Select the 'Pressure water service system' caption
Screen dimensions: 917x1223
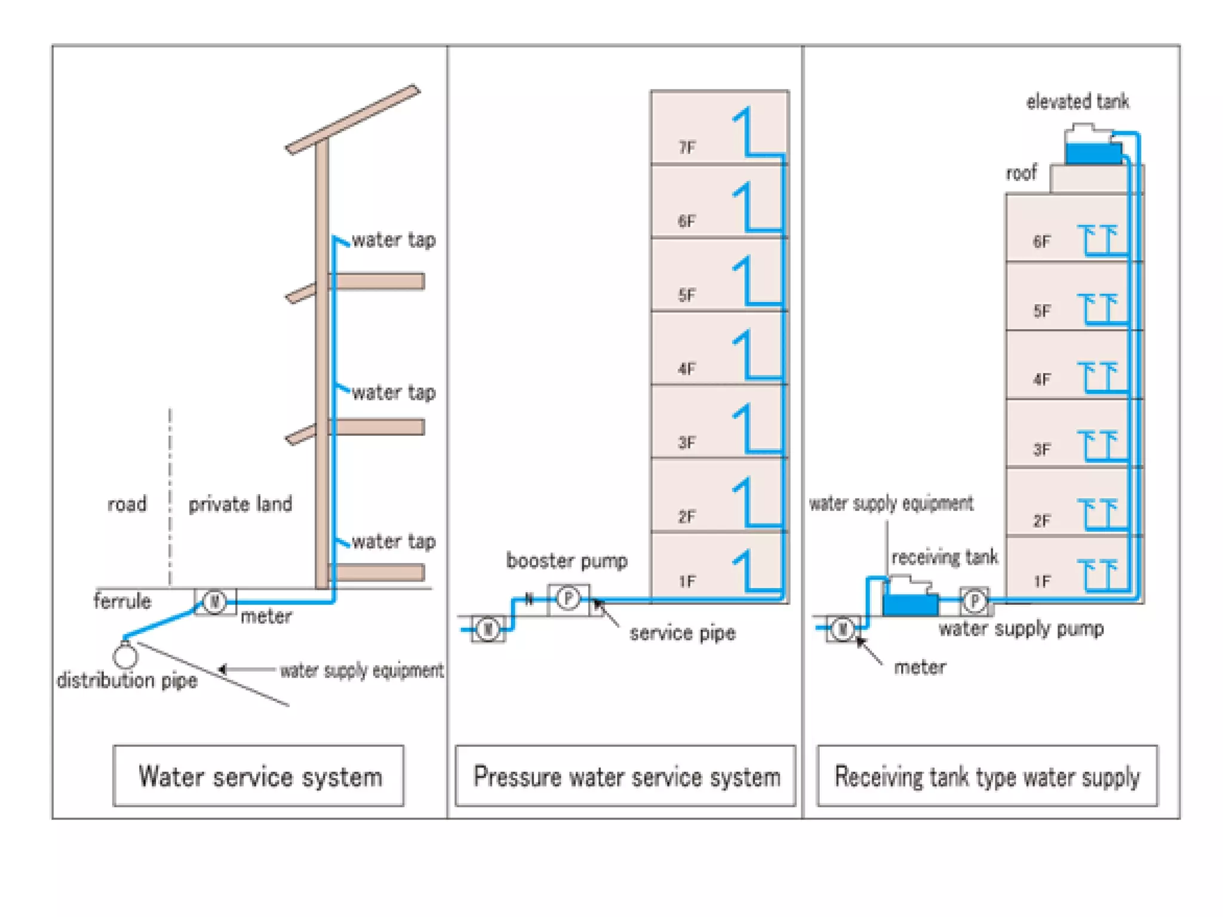point(625,776)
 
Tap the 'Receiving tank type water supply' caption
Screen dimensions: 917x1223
point(987,776)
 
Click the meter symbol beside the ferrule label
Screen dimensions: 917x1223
point(214,601)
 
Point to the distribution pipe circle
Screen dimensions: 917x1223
point(125,655)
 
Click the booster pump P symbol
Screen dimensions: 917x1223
point(568,598)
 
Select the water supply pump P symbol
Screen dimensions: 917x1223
point(975,600)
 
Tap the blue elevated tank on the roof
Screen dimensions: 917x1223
point(1093,153)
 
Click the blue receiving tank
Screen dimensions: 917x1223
point(910,604)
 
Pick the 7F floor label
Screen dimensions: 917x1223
point(687,147)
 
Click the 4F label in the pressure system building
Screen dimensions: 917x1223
point(687,368)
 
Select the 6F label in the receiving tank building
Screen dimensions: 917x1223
point(1041,241)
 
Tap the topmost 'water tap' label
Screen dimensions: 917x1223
point(394,240)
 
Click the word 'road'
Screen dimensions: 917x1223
point(127,504)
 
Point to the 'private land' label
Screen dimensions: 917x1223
point(240,504)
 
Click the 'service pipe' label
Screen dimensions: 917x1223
point(682,632)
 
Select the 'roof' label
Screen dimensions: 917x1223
point(1021,173)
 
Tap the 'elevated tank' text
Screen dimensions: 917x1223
point(1077,101)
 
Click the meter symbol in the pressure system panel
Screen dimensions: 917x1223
point(488,629)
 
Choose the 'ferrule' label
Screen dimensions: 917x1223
point(122,601)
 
